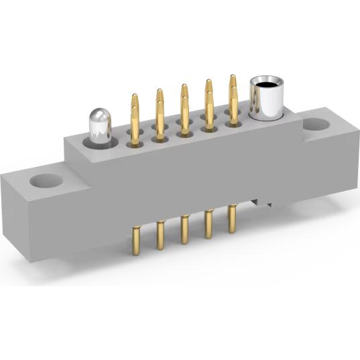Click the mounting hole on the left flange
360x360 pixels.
44,181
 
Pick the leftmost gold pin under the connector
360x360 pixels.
137,242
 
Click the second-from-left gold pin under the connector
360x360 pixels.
161,235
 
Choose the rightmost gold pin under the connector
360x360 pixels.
232,218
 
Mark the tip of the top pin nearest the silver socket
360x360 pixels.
233,78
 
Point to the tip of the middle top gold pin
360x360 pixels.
184,87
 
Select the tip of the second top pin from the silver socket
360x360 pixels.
208,82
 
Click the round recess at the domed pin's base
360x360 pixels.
98,142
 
